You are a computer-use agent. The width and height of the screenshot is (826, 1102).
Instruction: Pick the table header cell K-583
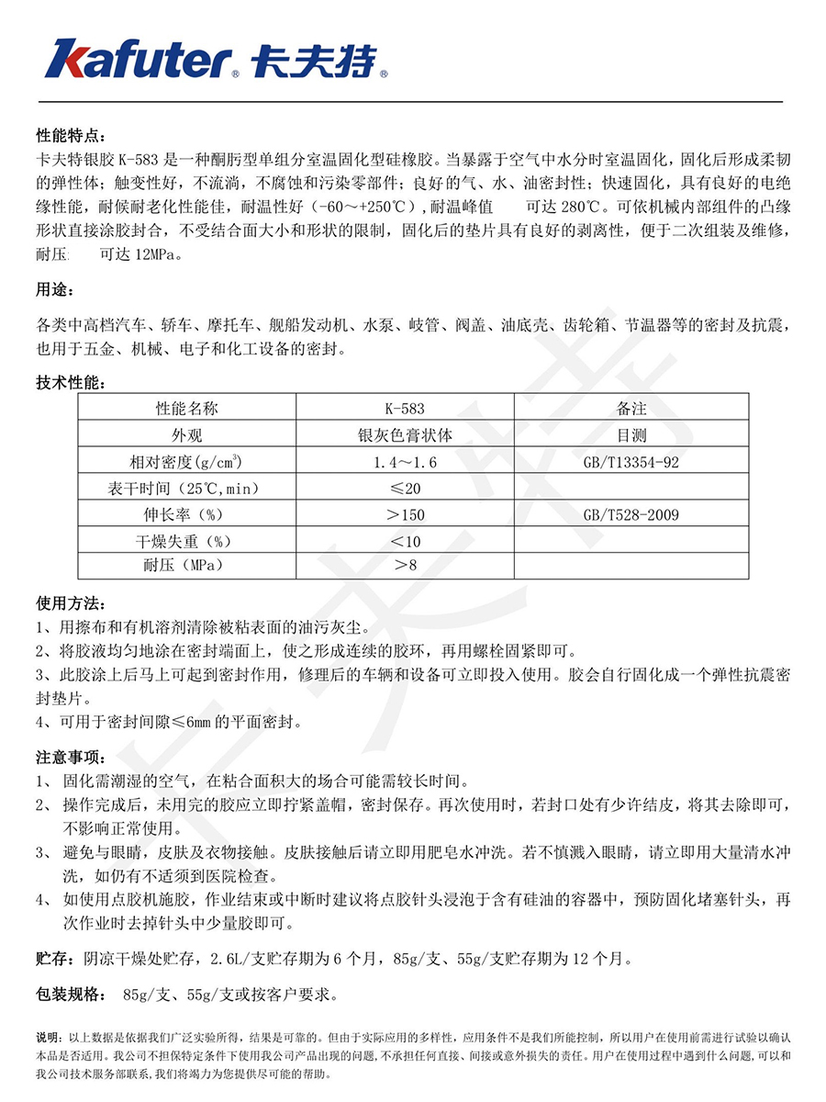(405, 409)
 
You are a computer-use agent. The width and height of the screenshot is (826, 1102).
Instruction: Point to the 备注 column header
(631, 409)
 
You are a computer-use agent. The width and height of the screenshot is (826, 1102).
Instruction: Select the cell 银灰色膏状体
(405, 435)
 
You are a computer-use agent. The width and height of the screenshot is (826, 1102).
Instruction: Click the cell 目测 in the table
(631, 435)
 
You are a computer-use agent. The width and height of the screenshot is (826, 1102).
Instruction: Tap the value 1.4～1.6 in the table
(405, 462)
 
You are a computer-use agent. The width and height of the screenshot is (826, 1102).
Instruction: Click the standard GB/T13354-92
(631, 462)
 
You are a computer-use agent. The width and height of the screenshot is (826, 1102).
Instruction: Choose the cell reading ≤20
(405, 489)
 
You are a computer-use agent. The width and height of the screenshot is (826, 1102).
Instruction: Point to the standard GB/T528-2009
(631, 515)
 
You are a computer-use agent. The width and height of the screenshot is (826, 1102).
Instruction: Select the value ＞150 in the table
(405, 515)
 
